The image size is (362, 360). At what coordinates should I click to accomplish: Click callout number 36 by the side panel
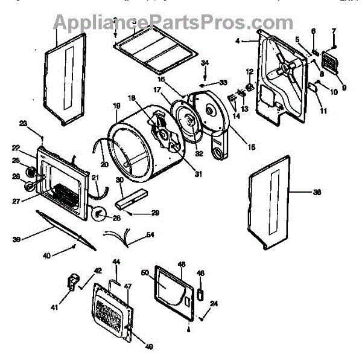(x=317, y=193)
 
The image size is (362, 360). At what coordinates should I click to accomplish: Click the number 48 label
(x=181, y=265)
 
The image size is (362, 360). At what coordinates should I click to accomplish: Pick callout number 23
(x=24, y=124)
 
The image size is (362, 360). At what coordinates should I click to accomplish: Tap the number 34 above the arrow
(x=205, y=63)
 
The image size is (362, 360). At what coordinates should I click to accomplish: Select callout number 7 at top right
(x=334, y=31)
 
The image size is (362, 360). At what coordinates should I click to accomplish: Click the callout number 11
(x=323, y=111)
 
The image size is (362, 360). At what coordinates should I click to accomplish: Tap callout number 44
(x=117, y=262)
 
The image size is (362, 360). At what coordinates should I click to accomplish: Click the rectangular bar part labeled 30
(x=132, y=196)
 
